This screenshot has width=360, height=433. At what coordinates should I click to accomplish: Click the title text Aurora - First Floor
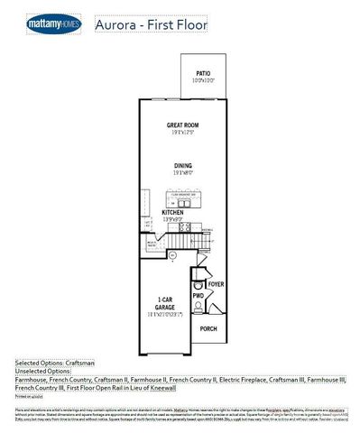[x=151, y=25]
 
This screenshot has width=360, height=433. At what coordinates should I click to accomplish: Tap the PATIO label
[x=204, y=74]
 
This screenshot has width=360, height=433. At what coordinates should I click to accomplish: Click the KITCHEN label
[x=173, y=213]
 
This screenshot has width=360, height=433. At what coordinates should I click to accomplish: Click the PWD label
[x=198, y=295]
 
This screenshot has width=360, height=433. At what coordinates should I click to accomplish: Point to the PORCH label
[x=208, y=329]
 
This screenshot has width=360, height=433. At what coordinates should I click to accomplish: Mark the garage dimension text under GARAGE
[x=165, y=315]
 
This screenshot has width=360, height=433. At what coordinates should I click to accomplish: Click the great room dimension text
[x=181, y=133]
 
